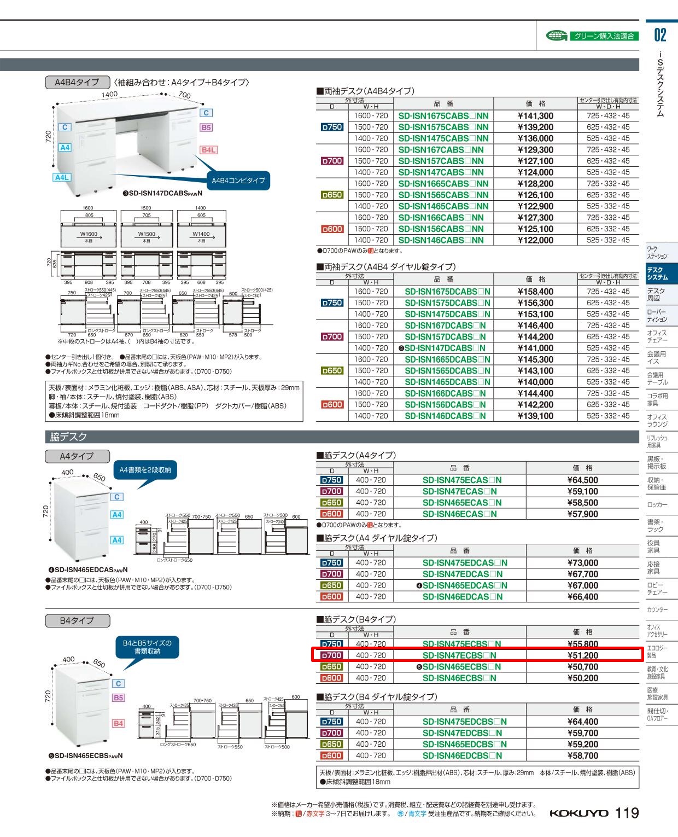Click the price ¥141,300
[x=535, y=116]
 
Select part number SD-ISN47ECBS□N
[x=459, y=655]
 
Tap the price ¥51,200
[x=582, y=655]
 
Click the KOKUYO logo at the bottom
[x=578, y=813]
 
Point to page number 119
[x=627, y=813]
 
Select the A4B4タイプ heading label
[x=77, y=82]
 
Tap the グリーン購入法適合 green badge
[x=603, y=36]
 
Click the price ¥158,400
[x=535, y=292]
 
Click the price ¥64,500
[x=582, y=480]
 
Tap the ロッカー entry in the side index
[x=657, y=504]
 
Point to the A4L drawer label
[x=62, y=177]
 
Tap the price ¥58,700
[x=582, y=755]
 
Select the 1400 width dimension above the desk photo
[x=109, y=94]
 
